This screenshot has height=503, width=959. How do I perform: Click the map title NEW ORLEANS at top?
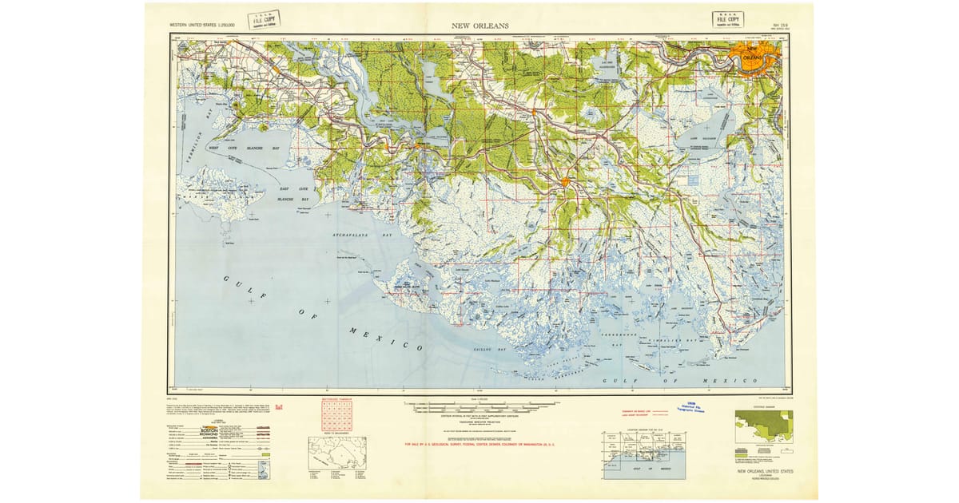point(479,26)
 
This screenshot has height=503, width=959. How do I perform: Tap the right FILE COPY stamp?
point(727,19)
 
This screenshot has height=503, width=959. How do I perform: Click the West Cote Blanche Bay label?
point(244,149)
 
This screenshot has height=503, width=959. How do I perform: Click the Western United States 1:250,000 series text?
point(218,26)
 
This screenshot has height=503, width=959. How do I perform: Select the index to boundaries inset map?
point(337,452)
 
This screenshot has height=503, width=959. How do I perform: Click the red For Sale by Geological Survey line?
point(487,444)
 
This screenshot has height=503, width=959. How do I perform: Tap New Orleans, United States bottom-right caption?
point(762,471)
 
